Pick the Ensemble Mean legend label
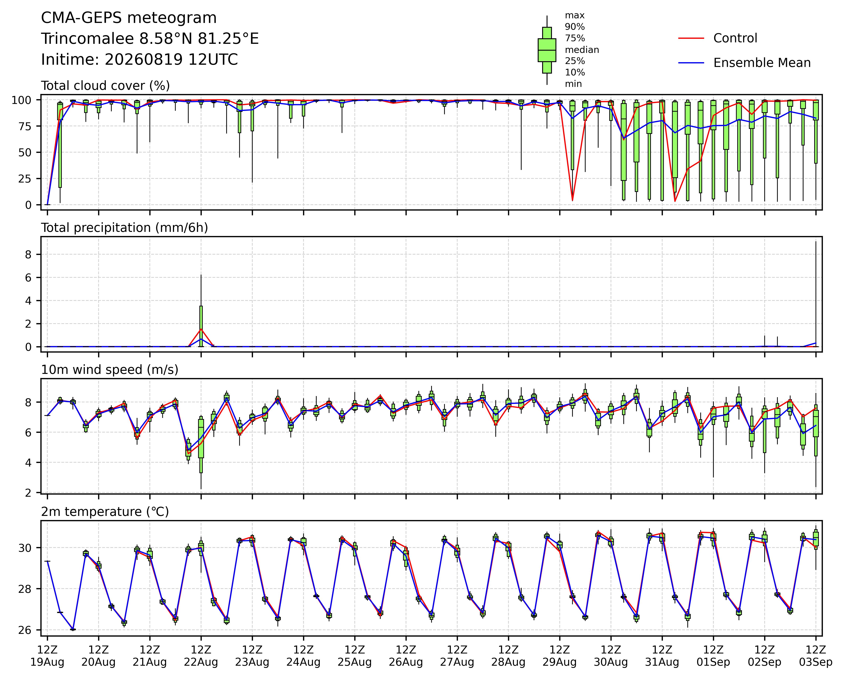pos(762,63)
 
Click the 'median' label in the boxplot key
pos(582,50)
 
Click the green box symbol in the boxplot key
pos(547,50)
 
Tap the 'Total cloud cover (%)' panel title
pos(105,86)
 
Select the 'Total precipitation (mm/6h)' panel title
pos(124,228)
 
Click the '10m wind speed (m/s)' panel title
pos(110,370)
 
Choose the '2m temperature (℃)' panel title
pos(105,512)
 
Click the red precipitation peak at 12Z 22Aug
pos(201,329)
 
